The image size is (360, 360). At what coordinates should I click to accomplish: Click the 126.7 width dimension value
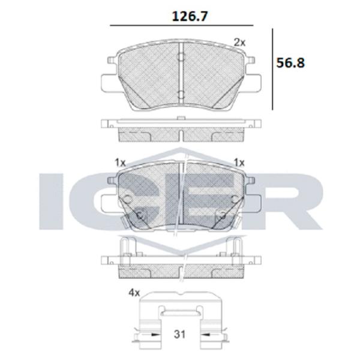(190, 16)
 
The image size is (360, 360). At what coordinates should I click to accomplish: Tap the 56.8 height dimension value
(290, 62)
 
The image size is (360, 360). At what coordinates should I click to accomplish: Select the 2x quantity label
(239, 43)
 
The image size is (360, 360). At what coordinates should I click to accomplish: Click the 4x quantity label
(134, 293)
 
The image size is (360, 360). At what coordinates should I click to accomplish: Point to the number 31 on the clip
(179, 334)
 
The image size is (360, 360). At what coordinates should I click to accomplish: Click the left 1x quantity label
(120, 163)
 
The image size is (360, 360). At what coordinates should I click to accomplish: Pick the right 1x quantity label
(239, 163)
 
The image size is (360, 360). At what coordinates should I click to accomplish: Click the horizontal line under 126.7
(182, 25)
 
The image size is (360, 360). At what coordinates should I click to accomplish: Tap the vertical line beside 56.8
(272, 70)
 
